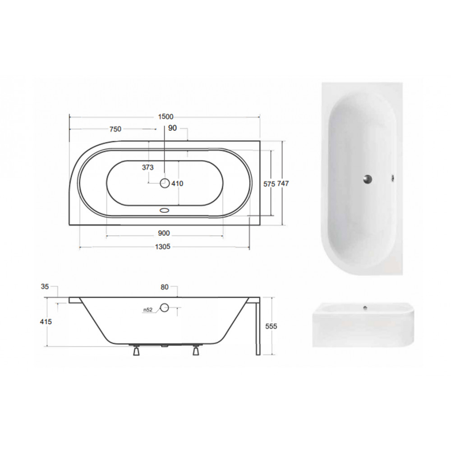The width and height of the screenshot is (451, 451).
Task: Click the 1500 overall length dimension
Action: (166, 116)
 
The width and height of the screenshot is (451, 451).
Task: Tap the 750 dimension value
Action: (115, 129)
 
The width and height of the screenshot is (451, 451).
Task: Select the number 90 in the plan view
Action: (172, 128)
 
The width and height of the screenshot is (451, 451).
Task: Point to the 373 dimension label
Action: (148, 167)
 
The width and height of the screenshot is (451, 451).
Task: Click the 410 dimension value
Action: (177, 184)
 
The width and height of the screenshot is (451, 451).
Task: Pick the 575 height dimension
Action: (269, 184)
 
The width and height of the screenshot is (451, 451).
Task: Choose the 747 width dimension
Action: (283, 184)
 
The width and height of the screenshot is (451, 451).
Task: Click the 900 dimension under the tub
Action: (164, 233)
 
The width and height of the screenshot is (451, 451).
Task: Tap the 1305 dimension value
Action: (163, 247)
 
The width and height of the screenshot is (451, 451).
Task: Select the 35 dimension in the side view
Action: (45, 286)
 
